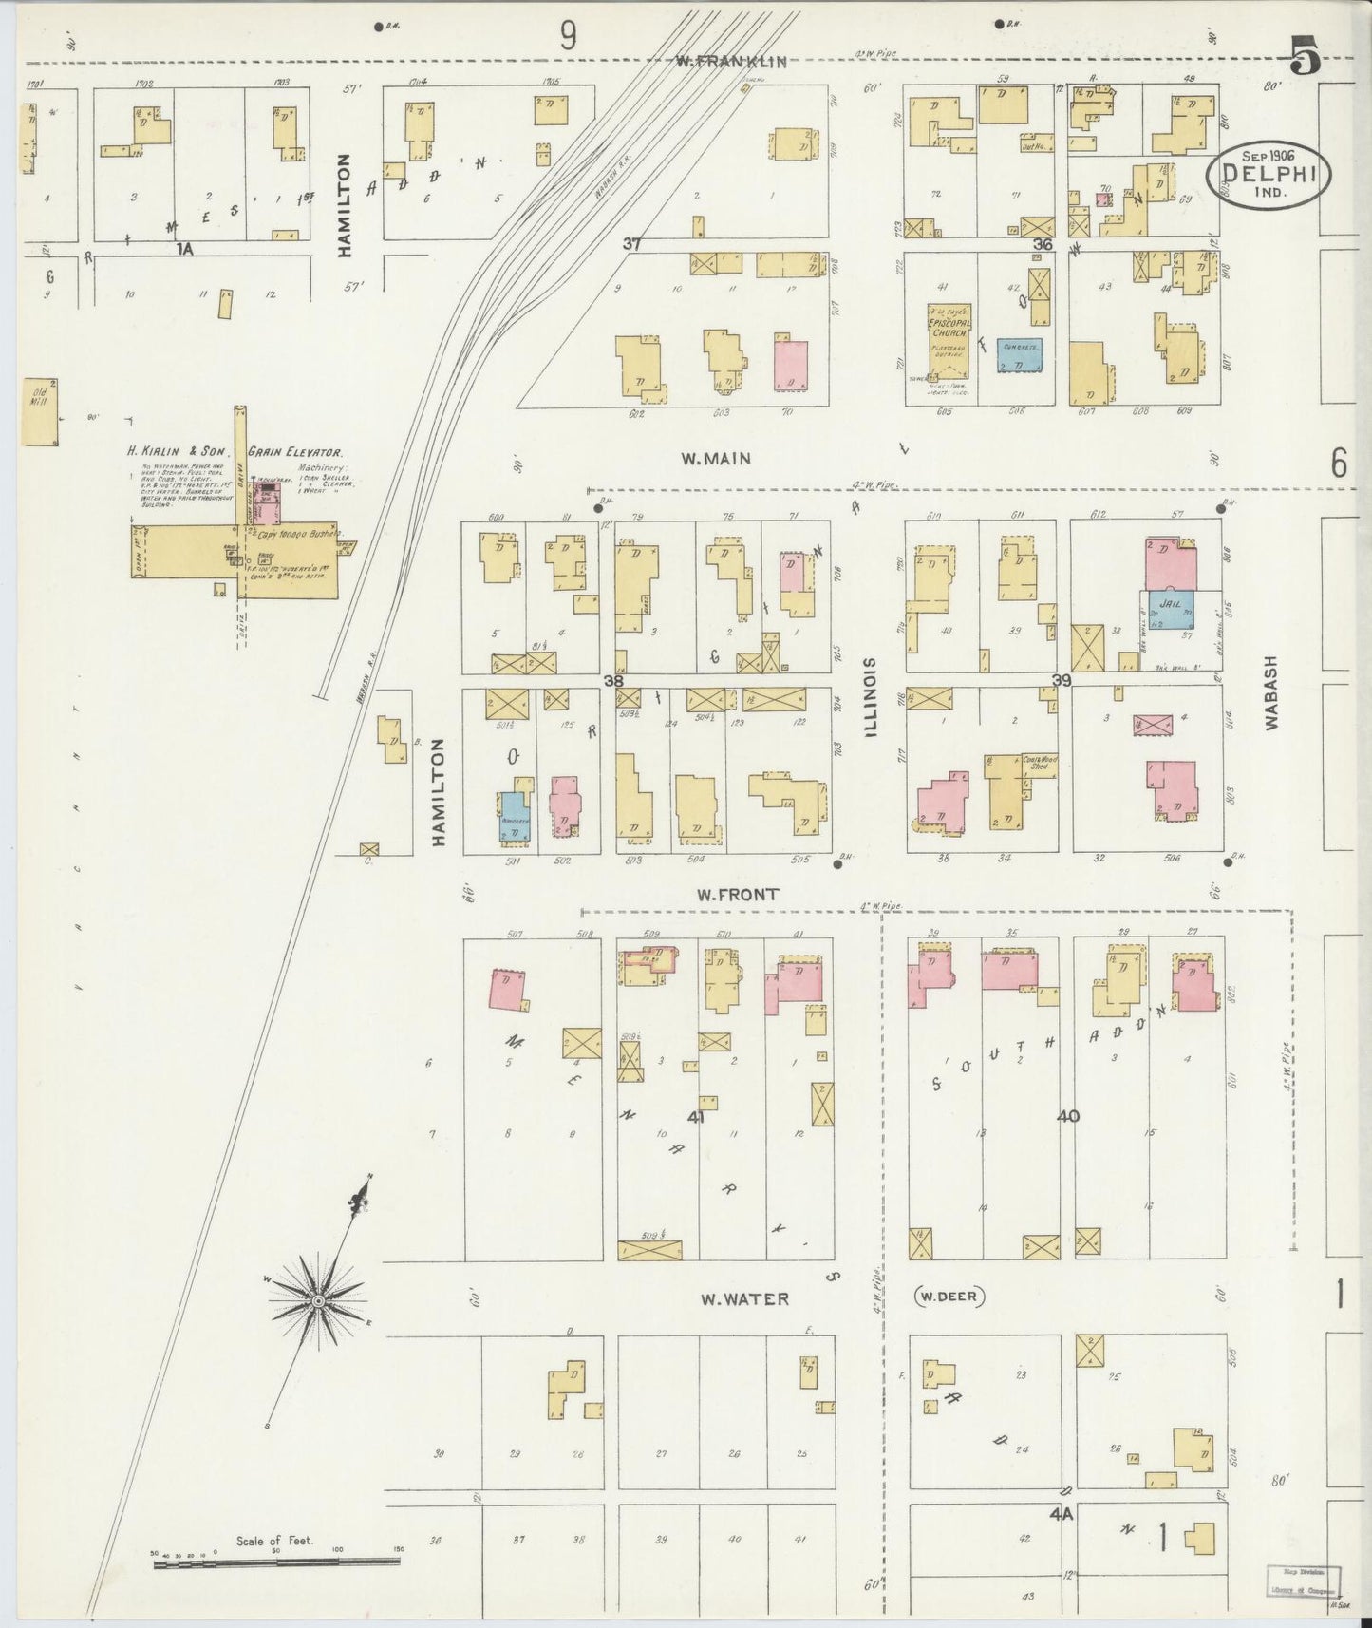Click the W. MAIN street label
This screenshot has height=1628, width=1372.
(x=715, y=459)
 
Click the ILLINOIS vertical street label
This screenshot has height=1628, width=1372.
(x=871, y=696)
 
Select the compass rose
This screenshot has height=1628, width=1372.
(x=320, y=1299)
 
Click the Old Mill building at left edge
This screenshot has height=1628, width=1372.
(x=40, y=411)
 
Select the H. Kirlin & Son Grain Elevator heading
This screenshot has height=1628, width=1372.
(x=235, y=453)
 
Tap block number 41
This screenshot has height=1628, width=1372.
(x=696, y=1117)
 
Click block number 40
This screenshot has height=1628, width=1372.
(x=1067, y=1116)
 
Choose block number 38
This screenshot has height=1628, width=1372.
(x=613, y=680)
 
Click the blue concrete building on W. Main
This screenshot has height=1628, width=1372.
(x=1020, y=355)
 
